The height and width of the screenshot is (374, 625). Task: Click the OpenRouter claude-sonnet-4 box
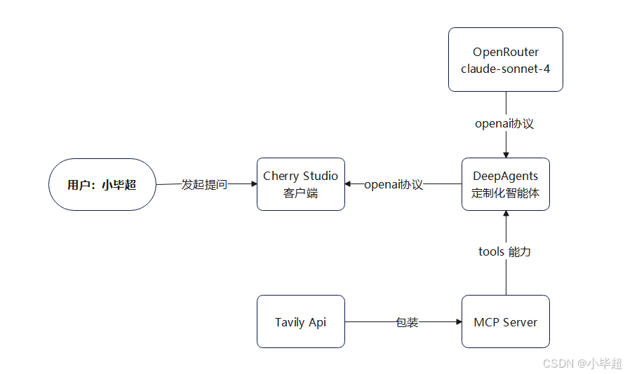[505, 60]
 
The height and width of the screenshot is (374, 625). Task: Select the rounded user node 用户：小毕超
[102, 185]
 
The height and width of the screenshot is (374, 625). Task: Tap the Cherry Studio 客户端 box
[300, 184]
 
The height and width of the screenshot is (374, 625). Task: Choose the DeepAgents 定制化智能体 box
[505, 184]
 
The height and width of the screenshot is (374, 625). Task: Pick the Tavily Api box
[300, 321]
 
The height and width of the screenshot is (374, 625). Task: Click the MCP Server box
[505, 321]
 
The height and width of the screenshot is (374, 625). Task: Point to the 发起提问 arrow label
[204, 185]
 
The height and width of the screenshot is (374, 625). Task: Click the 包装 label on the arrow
[407, 322]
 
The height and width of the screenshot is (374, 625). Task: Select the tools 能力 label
[505, 251]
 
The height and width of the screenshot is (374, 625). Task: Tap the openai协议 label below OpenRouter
[505, 124]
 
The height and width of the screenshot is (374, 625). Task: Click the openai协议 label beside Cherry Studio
[394, 185]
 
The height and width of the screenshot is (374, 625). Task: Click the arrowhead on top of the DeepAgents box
[505, 154]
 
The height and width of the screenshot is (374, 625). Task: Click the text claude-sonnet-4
[505, 69]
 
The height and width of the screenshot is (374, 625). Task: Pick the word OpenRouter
[505, 52]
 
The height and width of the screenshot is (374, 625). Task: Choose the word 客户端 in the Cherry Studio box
[300, 193]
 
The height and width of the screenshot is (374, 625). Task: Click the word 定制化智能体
[505, 193]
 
